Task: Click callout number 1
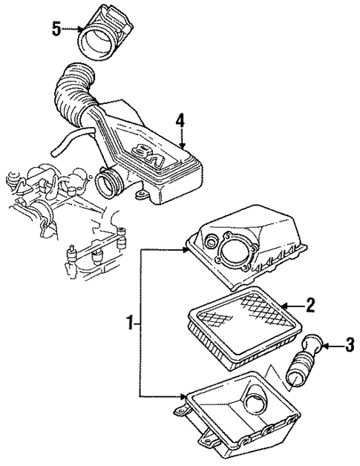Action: point(130,324)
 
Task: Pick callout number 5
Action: point(56,29)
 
